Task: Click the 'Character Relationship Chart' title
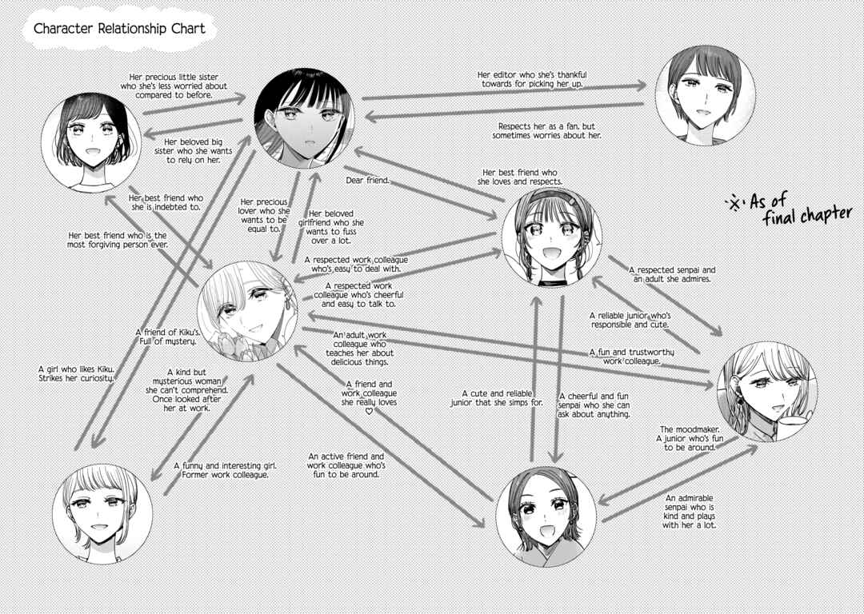point(119,29)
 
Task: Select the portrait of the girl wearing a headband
point(551,237)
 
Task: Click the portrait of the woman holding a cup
point(767,392)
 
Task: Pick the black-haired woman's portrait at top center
point(304,118)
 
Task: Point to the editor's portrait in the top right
point(706,95)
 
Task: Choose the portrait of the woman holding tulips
point(247,311)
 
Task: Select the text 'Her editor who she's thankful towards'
point(532,79)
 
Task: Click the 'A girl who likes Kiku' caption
point(76,373)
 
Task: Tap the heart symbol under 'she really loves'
point(369,411)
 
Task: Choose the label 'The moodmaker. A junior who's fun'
point(690,438)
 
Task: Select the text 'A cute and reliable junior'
point(497,398)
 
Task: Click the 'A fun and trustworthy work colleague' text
point(631,357)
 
